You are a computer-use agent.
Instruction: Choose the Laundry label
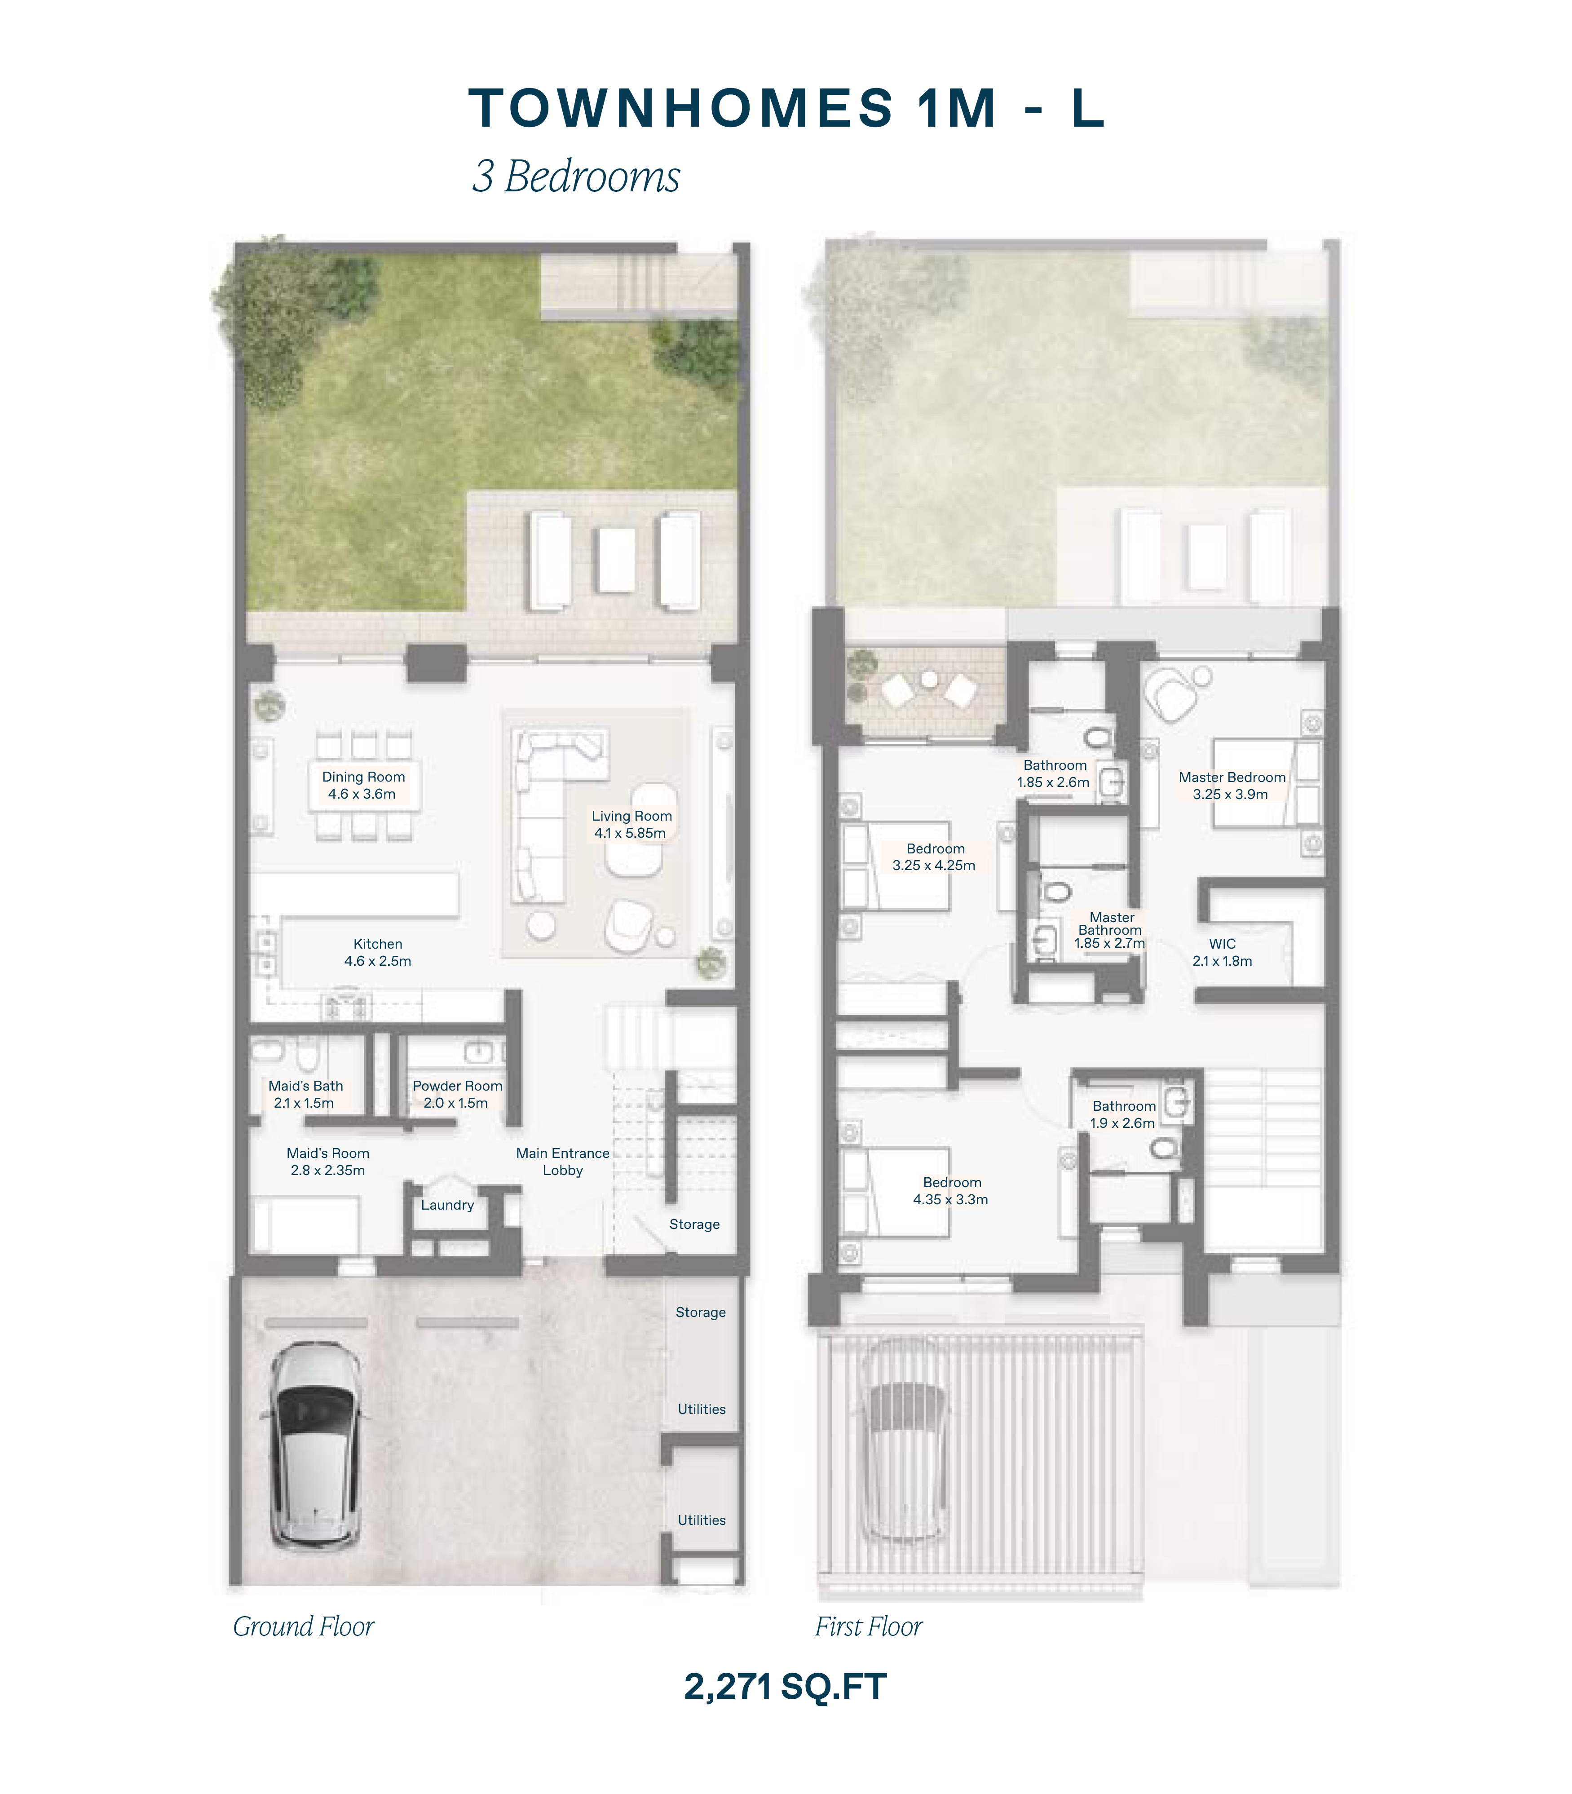(447, 1205)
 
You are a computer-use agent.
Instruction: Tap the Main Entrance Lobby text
(562, 1162)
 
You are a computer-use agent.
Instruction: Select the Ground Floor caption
(304, 1626)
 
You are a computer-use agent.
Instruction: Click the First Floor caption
(869, 1626)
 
